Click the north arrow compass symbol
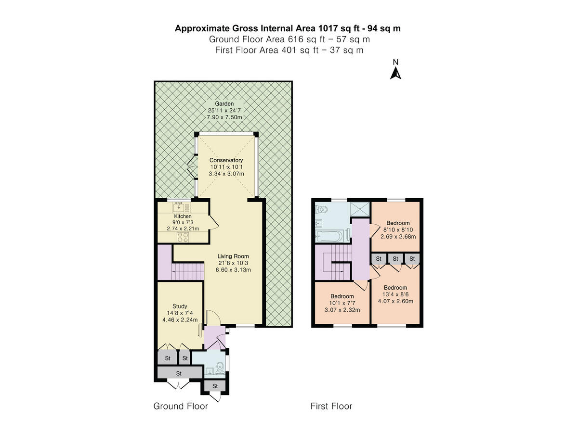coord(395,73)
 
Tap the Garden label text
coord(224,103)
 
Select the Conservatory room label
coord(226,160)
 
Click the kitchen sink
coord(179,207)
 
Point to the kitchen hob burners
coord(183,236)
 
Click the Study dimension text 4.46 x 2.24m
coord(180,319)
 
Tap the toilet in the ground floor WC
coord(221,367)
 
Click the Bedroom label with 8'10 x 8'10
coord(398,223)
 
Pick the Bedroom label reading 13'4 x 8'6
coord(395,288)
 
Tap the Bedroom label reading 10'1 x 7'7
coord(342,296)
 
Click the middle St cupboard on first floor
coord(395,259)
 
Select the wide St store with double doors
coord(179,373)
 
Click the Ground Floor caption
coord(181,406)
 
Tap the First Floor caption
coord(331,406)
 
